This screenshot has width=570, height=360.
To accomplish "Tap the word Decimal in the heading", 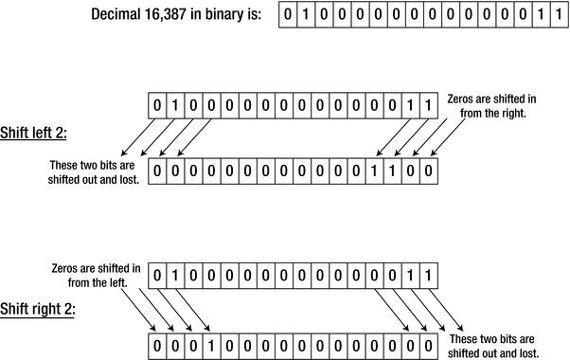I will [120, 15].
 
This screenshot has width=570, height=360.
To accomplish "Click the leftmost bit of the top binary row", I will [288, 15].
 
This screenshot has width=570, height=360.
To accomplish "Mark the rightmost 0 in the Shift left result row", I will [432, 171].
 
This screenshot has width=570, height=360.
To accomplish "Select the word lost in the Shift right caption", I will [527, 353].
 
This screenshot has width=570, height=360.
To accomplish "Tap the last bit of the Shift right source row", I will [430, 276].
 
